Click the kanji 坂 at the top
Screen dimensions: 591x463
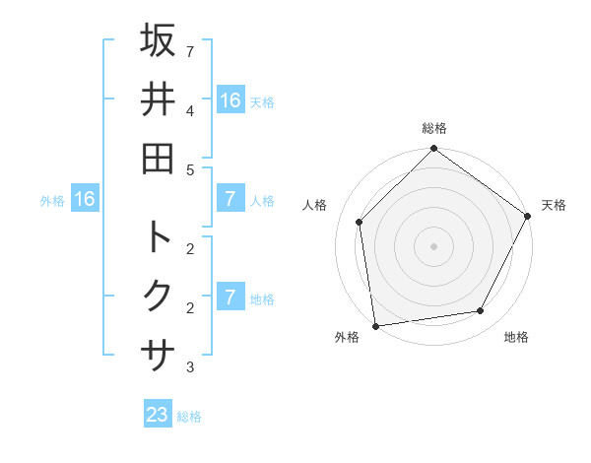(x=158, y=40)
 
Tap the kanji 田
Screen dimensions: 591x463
(x=158, y=158)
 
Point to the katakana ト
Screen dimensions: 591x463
(x=158, y=236)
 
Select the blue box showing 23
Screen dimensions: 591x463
(x=158, y=415)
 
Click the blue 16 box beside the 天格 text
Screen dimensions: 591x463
(x=230, y=99)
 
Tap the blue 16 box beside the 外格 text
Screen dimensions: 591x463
(x=85, y=199)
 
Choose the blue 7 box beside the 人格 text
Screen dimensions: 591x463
(x=230, y=199)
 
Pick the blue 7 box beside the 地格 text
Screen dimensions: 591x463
(x=230, y=298)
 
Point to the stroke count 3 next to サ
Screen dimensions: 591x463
(x=190, y=367)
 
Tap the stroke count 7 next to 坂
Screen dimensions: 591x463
(x=190, y=50)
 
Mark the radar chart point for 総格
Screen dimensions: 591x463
(x=433, y=150)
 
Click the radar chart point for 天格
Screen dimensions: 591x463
(x=527, y=216)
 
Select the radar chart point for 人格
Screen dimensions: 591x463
(x=360, y=222)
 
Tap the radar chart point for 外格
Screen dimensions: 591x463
(x=375, y=325)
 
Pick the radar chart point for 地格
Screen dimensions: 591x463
(x=481, y=311)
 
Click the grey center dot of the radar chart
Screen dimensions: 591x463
(x=433, y=245)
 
